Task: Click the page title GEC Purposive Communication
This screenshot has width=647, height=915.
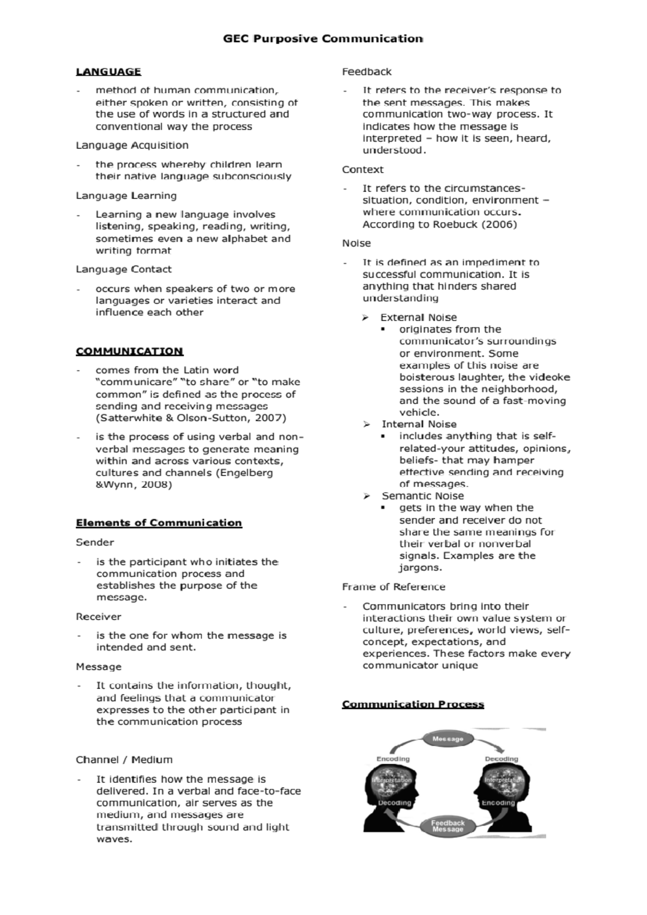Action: point(323,39)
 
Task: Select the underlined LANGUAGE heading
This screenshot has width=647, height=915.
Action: point(108,72)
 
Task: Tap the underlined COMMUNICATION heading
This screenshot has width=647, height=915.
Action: point(129,351)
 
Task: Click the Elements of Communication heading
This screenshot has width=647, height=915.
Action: point(159,523)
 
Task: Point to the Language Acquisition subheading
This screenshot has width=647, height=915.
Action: point(132,145)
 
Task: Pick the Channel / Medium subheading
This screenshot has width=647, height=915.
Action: point(124,760)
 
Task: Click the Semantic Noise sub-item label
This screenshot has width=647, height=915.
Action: point(423,496)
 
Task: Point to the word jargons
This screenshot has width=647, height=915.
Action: point(421,568)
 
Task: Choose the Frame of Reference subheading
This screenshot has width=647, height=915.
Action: point(394,587)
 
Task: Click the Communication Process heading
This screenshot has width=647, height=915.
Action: point(413,704)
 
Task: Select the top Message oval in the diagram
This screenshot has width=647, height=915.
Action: point(448,739)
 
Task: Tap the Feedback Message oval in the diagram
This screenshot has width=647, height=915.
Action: point(448,826)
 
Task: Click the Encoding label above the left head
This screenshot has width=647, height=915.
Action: point(393,759)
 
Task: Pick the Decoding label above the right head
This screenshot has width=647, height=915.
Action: point(501,759)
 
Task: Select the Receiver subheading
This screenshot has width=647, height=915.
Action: point(98,616)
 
